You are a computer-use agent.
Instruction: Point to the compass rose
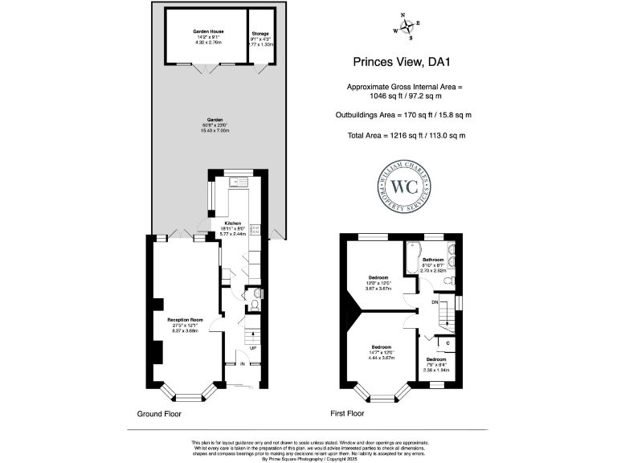pos(406,27)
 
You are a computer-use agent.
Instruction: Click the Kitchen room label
pos(233,222)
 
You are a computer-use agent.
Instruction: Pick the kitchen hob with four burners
pos(255,231)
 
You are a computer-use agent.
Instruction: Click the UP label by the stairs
pos(252,348)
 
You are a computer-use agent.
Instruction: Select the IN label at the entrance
pos(242,363)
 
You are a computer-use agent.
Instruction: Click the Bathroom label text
pos(434,260)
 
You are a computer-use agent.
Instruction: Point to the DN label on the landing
pos(435,302)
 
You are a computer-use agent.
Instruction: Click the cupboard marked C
pos(447,344)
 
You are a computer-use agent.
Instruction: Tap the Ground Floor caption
pos(158,414)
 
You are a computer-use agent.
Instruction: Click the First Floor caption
pos(347,414)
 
